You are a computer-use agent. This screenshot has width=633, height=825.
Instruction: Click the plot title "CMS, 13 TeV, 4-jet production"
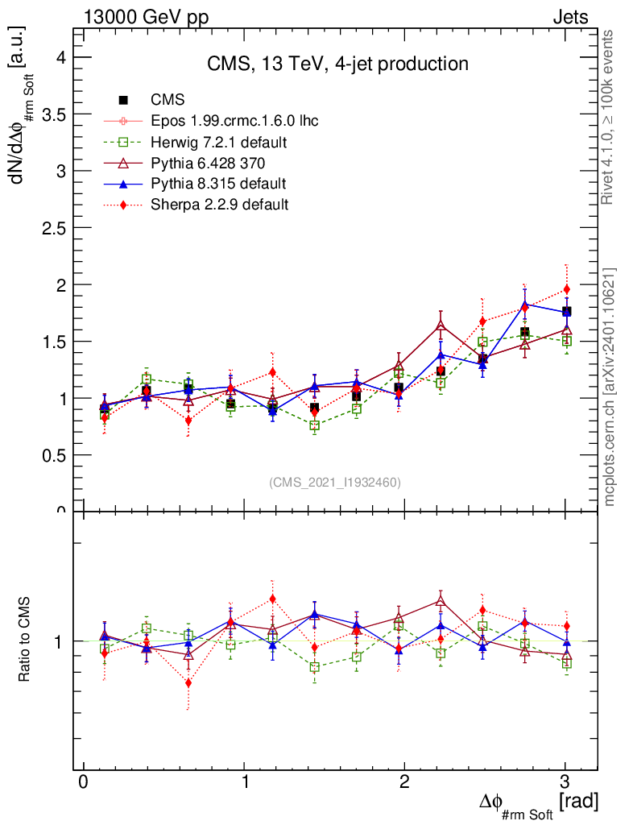[337, 64]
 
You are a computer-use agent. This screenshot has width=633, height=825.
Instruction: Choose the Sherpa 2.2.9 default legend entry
[219, 205]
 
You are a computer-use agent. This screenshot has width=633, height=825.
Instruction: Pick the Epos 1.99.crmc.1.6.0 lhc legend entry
[234, 122]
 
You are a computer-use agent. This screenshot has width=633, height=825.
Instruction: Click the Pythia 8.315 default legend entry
[218, 184]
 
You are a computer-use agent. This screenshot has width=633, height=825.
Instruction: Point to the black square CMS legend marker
[124, 101]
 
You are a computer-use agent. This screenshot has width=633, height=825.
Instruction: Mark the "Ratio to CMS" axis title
[23, 641]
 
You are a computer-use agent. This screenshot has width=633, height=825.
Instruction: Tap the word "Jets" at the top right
[569, 17]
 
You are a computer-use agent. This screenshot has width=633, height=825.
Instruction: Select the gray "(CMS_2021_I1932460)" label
[334, 482]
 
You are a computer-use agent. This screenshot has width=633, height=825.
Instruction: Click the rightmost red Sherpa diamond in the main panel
[566, 289]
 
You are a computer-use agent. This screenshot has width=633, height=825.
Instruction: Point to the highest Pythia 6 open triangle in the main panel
[441, 325]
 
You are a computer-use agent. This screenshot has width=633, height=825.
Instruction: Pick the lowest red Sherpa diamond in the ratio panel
[188, 683]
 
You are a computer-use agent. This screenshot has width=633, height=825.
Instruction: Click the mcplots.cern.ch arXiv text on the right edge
[610, 387]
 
